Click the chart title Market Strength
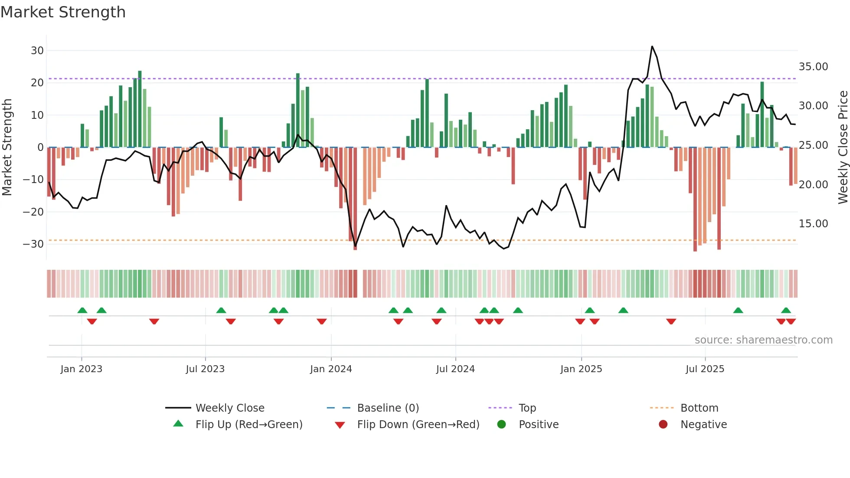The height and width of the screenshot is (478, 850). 63,12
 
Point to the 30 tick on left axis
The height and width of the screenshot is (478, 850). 37,50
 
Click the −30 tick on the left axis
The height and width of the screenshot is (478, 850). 33,244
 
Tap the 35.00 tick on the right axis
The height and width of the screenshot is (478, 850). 813,67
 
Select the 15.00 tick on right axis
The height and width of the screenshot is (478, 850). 813,224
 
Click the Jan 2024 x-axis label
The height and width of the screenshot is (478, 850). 331,369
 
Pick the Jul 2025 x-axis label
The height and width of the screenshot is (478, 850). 705,369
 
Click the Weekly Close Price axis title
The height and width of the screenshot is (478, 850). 843,147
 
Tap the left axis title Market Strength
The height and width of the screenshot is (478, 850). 7,147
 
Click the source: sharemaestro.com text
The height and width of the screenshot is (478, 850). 763,340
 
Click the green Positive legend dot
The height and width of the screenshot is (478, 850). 502,425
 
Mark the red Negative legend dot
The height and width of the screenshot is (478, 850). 663,425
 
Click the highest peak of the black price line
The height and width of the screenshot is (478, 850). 652,46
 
